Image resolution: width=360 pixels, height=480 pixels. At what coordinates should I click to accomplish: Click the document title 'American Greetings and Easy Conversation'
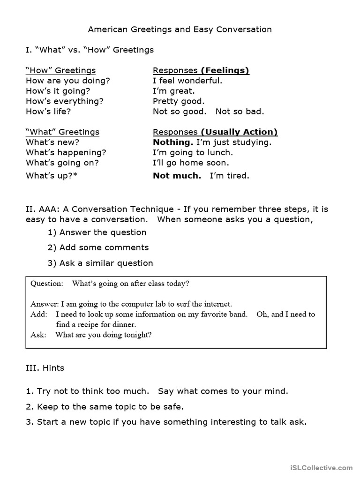pyautogui.click(x=180, y=30)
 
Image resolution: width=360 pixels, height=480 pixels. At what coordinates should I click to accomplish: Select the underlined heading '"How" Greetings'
pyautogui.click(x=60, y=70)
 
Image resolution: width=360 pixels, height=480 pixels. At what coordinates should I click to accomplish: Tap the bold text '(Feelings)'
pyautogui.click(x=225, y=70)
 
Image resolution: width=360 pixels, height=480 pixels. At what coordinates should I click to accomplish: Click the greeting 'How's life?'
pyautogui.click(x=49, y=112)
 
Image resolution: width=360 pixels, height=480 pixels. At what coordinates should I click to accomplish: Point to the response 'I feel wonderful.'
pyautogui.click(x=187, y=81)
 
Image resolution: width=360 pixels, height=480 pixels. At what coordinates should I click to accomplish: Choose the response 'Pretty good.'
pyautogui.click(x=179, y=101)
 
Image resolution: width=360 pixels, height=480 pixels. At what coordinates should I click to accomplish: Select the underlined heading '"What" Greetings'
pyautogui.click(x=62, y=132)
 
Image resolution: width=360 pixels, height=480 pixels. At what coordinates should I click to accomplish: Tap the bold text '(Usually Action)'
pyautogui.click(x=239, y=132)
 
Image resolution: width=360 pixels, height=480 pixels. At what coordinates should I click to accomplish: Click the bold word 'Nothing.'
pyautogui.click(x=173, y=142)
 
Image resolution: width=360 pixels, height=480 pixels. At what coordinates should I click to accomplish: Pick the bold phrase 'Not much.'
pyautogui.click(x=177, y=176)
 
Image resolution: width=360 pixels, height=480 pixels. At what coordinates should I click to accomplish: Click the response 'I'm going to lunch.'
pyautogui.click(x=193, y=152)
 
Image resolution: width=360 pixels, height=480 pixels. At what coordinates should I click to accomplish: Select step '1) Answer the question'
pyautogui.click(x=97, y=232)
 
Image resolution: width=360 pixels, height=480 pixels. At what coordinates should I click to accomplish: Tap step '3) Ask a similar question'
pyautogui.click(x=100, y=263)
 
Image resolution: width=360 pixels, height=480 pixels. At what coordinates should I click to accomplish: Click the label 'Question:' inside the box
pyautogui.click(x=46, y=284)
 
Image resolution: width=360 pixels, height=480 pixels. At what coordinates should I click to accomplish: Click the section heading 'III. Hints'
pyautogui.click(x=45, y=368)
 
